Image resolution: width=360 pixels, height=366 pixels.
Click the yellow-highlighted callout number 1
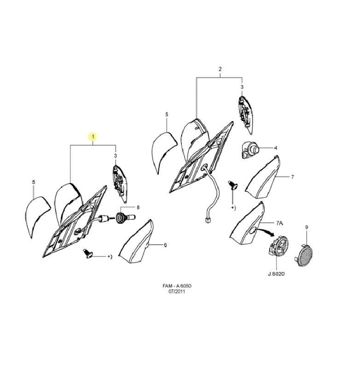coord(93,137)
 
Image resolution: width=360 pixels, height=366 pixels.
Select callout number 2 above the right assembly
coord(220,69)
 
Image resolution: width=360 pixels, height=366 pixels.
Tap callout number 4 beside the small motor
coord(276,148)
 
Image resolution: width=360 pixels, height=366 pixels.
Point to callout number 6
coord(165,245)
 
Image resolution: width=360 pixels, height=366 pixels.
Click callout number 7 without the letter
coord(292,177)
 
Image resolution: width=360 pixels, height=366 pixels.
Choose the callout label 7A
coord(279,223)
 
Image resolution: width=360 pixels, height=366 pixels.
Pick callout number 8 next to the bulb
coord(138,207)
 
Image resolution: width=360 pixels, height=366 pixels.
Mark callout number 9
coord(307,227)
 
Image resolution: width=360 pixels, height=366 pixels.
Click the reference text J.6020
coord(276,274)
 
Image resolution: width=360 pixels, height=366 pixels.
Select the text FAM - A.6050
coord(177,286)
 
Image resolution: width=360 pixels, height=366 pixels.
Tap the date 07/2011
coord(177,292)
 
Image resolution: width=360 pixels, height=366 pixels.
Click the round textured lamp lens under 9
coord(304,255)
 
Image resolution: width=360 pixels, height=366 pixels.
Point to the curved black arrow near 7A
coord(265,231)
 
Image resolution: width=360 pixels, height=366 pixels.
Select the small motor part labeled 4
coord(250,149)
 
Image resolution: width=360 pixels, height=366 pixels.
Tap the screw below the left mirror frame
coord(87,254)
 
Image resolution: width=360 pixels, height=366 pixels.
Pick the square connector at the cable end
coord(207,220)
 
